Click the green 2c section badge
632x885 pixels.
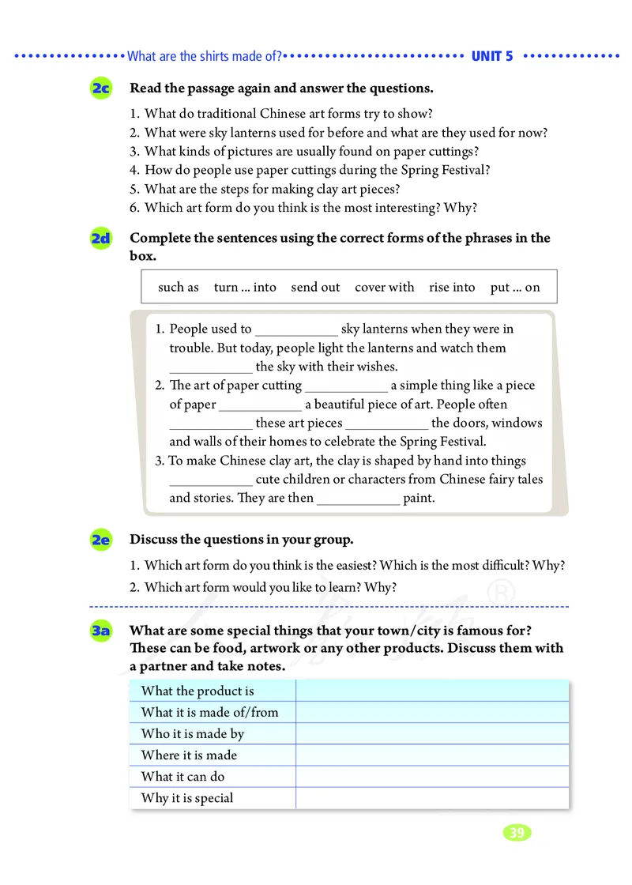100,89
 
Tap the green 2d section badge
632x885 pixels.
100,239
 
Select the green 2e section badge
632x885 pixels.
100,540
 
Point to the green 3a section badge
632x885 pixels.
100,631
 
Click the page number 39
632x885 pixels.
517,833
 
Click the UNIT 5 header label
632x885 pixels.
491,56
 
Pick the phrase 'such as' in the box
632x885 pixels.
179,288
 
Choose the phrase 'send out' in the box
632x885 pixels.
315,288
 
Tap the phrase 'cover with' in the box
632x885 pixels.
384,288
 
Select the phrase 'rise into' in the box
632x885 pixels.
452,288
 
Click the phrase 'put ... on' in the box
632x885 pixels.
515,288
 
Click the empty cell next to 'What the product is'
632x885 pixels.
432,691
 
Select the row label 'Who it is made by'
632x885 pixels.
193,734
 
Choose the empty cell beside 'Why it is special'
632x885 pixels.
432,798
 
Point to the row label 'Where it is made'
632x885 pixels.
189,755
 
